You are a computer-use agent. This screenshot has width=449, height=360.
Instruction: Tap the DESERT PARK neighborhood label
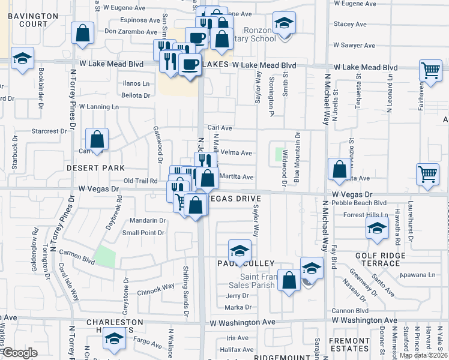pos(95,168)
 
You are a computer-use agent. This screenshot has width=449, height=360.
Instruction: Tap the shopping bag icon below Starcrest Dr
pos(97,139)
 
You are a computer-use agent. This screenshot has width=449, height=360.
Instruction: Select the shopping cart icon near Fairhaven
pos(430,70)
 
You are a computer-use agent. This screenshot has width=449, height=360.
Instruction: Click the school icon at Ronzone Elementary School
pos(284,23)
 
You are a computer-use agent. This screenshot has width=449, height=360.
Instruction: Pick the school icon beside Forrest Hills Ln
pos(376,228)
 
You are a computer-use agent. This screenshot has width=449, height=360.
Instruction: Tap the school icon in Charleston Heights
pos(113,339)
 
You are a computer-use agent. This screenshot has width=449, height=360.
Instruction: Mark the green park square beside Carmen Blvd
pos(106,257)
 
